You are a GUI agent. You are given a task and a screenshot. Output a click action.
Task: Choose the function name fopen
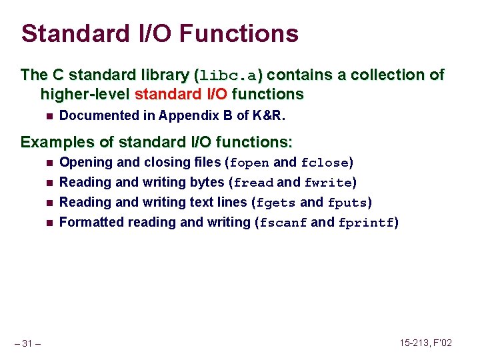250,163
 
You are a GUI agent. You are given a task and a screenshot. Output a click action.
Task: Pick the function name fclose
325,163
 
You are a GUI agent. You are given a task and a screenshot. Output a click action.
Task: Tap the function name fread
253,183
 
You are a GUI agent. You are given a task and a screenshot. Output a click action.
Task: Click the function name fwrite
328,183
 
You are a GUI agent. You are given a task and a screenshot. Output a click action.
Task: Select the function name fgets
276,203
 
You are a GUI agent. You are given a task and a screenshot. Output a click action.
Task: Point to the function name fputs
347,203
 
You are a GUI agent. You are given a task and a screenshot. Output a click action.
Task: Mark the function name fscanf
283,223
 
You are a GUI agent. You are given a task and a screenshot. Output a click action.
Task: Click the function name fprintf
366,223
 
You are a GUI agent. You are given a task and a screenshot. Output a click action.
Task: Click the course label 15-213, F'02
426,343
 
